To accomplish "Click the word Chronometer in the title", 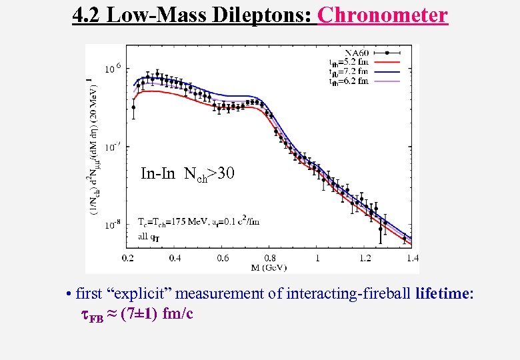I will coord(383,15).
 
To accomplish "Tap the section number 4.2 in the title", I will coord(89,15).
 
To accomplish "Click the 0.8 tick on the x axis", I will coord(270,257).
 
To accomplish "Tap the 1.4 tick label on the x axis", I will coord(411,257).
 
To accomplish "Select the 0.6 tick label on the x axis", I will coord(223,257).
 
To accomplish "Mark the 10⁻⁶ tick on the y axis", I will coord(112,68).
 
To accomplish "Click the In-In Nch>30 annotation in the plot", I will coord(188,175).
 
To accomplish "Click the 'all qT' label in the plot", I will coord(147,235).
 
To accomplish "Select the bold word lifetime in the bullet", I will coord(444,293).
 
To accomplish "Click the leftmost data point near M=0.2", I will coord(133,107).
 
